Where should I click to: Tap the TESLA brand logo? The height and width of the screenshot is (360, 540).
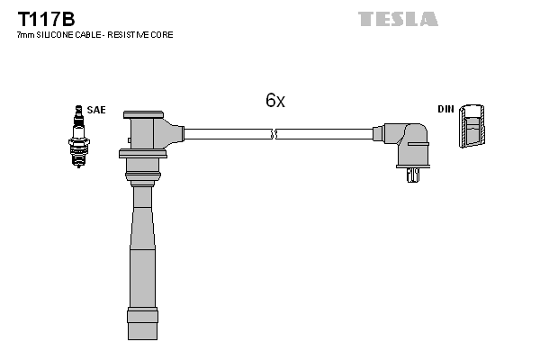click(x=398, y=19)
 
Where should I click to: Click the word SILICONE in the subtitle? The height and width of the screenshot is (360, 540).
click(x=58, y=34)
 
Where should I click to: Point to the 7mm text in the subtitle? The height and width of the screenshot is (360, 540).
click(x=26, y=34)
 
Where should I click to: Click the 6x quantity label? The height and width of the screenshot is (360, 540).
click(x=274, y=101)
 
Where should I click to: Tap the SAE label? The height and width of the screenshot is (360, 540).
click(x=96, y=110)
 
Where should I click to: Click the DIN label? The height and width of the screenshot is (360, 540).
click(x=445, y=109)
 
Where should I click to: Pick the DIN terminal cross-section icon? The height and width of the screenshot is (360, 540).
click(x=472, y=127)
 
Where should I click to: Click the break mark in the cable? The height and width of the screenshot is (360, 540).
click(x=274, y=134)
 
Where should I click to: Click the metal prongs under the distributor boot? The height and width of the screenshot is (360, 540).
click(x=412, y=174)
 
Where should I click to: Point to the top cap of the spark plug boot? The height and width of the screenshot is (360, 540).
click(x=144, y=115)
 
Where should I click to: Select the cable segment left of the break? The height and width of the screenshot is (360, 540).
click(x=225, y=134)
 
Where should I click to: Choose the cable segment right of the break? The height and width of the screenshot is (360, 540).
click(x=324, y=134)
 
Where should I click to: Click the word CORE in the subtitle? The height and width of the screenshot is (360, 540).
click(x=163, y=34)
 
